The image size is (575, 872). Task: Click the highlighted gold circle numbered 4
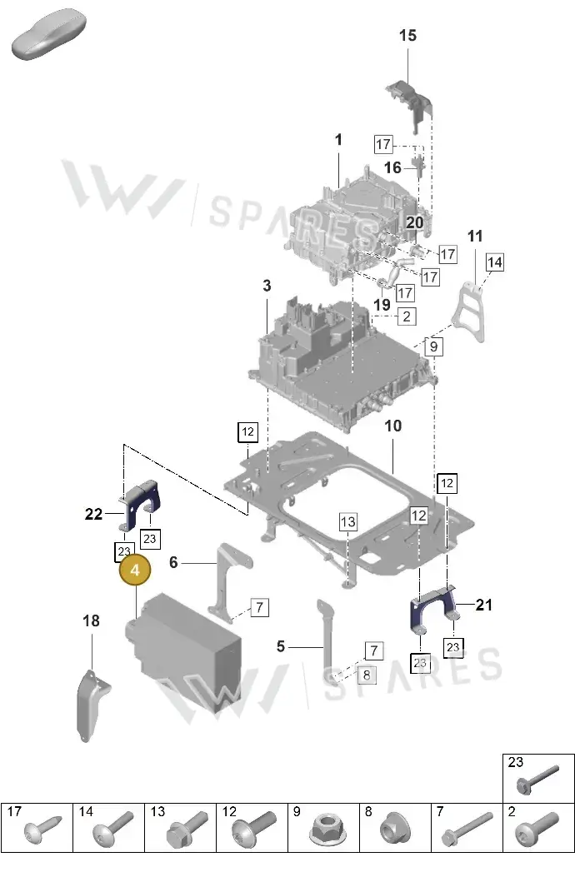[x=135, y=570]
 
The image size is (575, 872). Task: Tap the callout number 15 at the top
[x=407, y=36]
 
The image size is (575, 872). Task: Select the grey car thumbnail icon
[x=49, y=33]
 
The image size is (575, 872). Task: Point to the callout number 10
[x=392, y=426]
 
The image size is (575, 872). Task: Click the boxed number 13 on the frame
[x=347, y=522]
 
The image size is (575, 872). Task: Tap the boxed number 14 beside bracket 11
[x=495, y=262]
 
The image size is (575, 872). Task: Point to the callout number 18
[x=92, y=620]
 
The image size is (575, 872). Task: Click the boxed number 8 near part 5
[x=367, y=675]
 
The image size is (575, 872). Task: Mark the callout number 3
[x=267, y=286]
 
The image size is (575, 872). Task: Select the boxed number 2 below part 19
[x=407, y=316]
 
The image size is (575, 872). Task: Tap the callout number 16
[x=392, y=167]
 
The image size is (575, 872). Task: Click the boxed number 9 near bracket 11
[x=433, y=346]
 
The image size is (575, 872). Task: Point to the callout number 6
[x=173, y=563]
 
